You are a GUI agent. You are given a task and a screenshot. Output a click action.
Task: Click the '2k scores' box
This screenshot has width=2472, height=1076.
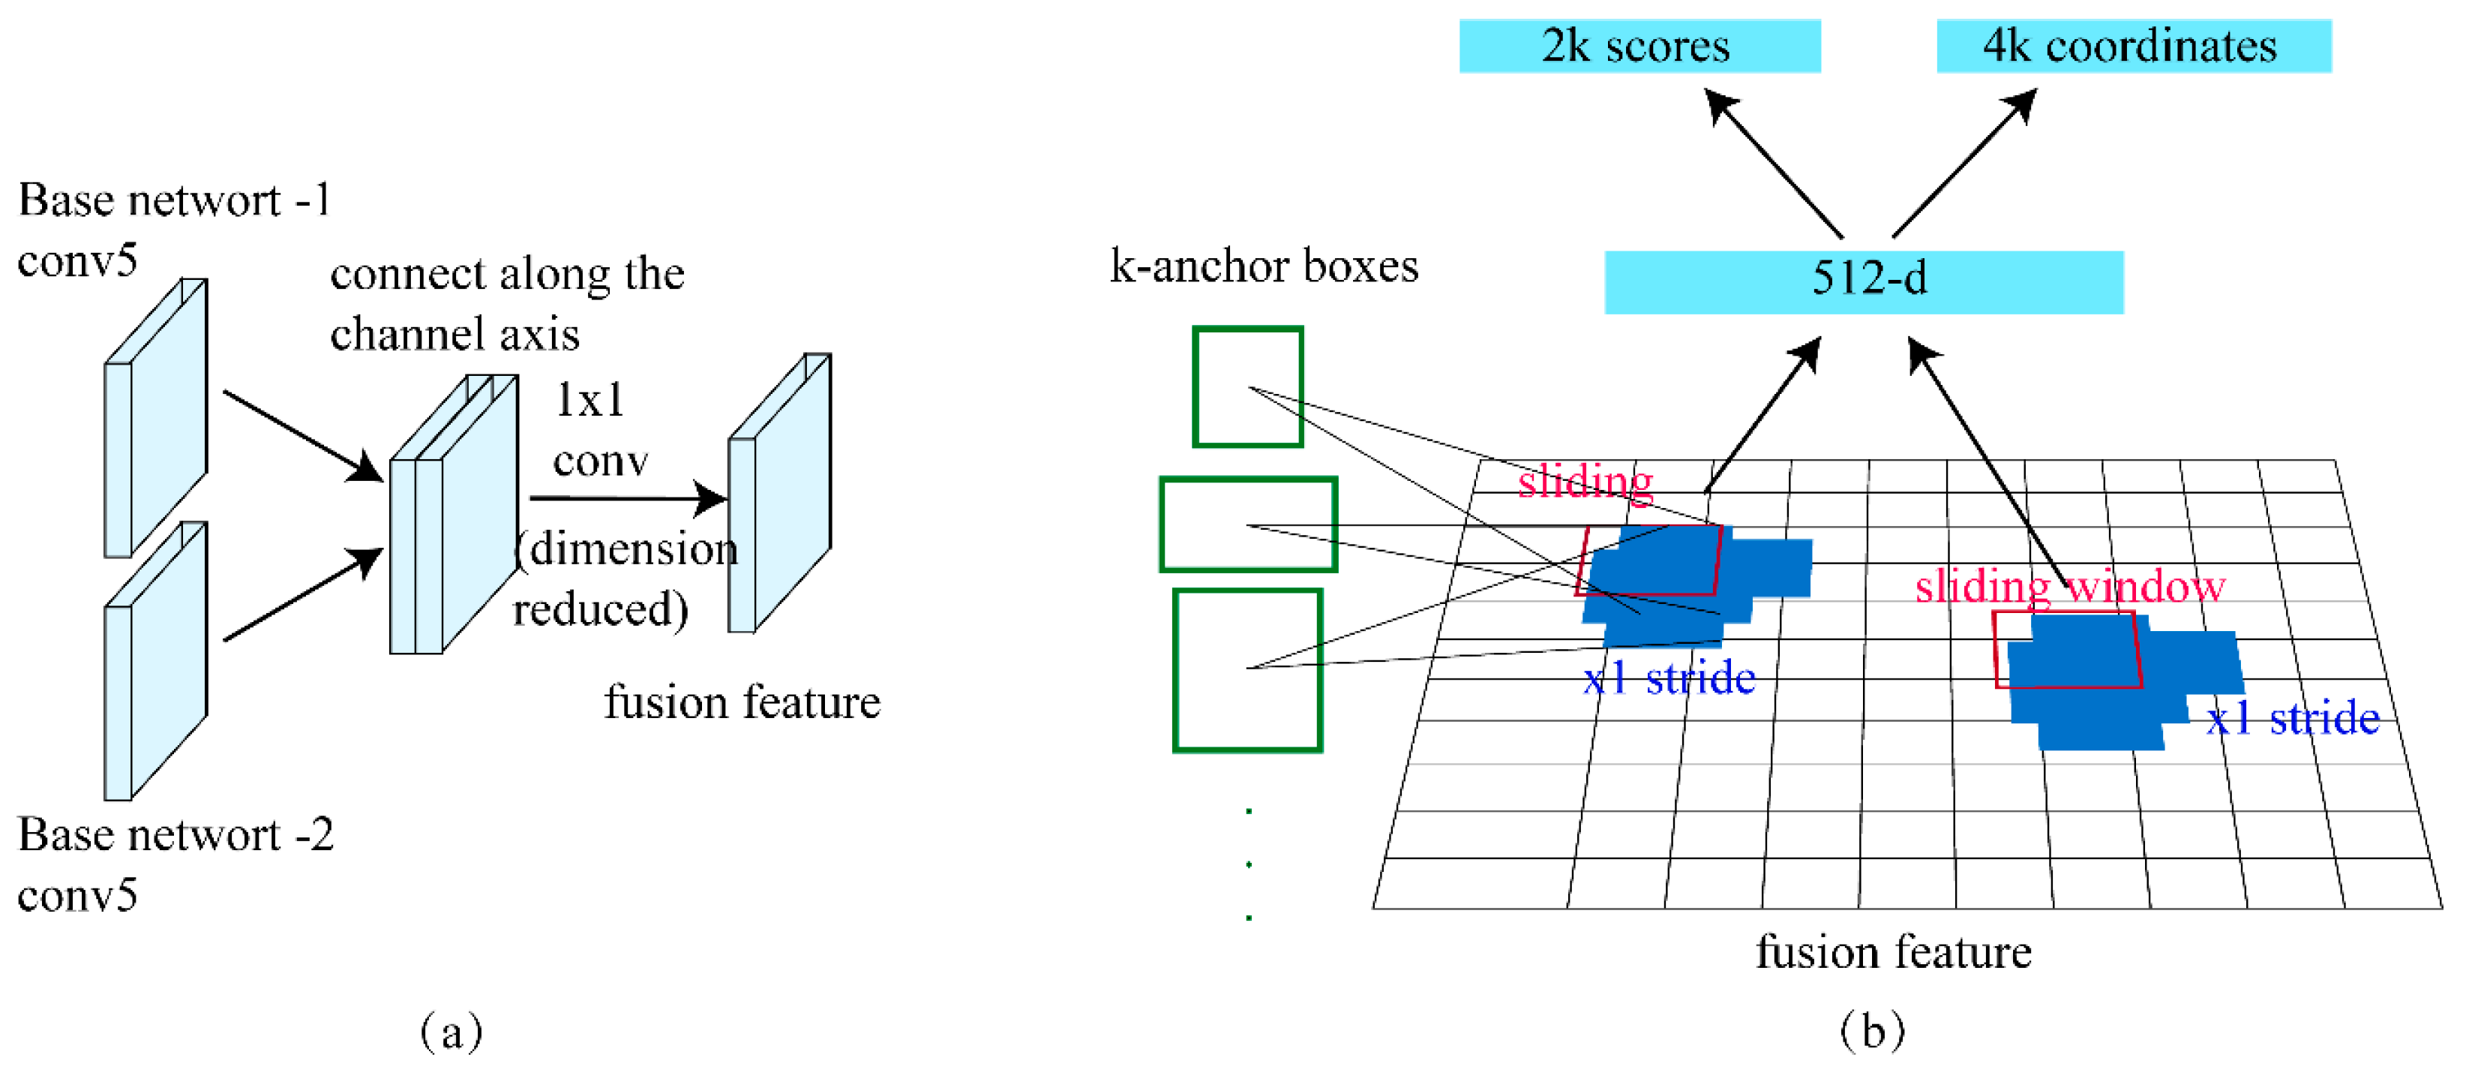coord(1639,46)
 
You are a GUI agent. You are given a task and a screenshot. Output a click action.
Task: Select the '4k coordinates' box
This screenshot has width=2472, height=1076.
coord(2132,46)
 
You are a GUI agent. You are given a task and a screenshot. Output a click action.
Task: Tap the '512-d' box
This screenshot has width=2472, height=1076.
coord(1863,281)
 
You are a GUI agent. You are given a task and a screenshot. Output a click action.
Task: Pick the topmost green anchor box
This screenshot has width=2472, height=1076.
coord(1246,387)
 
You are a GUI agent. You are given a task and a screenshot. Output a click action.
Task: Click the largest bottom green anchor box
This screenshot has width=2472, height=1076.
coord(1246,669)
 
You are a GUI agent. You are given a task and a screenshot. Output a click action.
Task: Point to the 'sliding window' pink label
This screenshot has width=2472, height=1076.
coord(2069,585)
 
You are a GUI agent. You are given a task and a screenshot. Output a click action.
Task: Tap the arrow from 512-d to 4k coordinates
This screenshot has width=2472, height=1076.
coord(1963,163)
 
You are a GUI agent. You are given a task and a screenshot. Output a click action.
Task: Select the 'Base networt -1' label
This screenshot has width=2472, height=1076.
coord(172,200)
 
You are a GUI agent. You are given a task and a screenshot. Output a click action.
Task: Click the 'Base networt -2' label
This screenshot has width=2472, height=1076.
coord(175,834)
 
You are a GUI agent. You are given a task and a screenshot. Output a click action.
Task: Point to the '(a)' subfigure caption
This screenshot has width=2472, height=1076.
coord(451,1032)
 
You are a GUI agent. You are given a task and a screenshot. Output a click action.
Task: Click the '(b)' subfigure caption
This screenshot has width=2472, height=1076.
coord(1871,1032)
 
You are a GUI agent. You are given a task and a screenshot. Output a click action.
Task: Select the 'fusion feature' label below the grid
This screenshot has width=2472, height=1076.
coord(1892,952)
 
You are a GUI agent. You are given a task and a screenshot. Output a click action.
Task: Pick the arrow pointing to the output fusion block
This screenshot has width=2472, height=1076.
coord(628,498)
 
